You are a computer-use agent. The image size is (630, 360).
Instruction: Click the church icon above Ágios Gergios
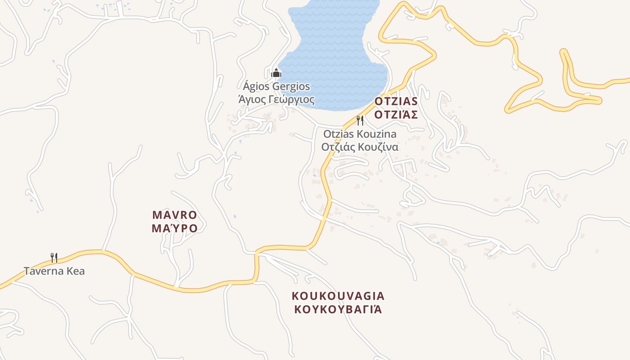(x=276, y=72)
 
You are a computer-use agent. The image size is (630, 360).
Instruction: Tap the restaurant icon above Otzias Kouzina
(x=360, y=120)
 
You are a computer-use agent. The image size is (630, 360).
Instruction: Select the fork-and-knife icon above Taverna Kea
(x=54, y=257)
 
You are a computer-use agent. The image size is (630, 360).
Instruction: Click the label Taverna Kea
(x=54, y=271)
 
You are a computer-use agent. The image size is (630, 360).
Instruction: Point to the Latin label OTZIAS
(x=396, y=101)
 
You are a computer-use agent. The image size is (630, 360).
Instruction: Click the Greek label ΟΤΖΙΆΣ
(x=396, y=114)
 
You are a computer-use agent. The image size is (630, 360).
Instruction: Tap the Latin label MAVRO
(x=175, y=215)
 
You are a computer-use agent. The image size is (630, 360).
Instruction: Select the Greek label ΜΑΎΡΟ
(x=175, y=228)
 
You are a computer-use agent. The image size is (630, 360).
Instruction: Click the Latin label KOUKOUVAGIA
(x=338, y=296)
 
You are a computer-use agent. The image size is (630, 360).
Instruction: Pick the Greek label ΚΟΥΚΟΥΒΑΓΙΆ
(x=338, y=309)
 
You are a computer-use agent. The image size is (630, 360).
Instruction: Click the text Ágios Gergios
(x=276, y=86)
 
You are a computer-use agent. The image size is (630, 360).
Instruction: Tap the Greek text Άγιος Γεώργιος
(x=276, y=99)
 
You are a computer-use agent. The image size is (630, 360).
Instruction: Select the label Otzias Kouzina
(x=360, y=134)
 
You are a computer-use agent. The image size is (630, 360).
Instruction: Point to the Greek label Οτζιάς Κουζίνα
(x=360, y=147)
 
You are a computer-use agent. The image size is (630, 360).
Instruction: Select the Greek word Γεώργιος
(x=293, y=99)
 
